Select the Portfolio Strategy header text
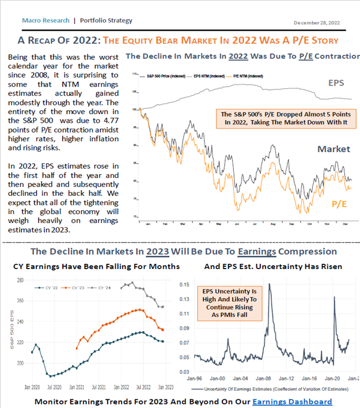pyautogui.click(x=105, y=21)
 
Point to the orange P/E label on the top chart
pyautogui.click(x=339, y=204)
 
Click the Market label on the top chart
pyautogui.click(x=334, y=149)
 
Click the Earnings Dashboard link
pyautogui.click(x=292, y=401)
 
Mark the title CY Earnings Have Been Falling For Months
pyautogui.click(x=97, y=266)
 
